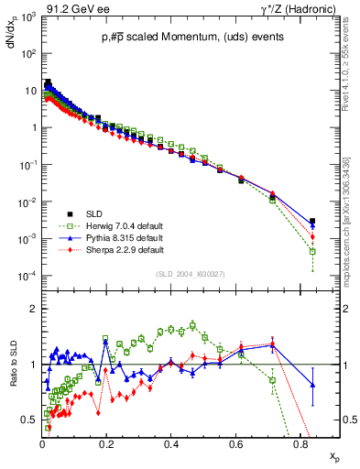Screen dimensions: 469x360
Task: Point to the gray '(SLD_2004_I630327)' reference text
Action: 191,274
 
